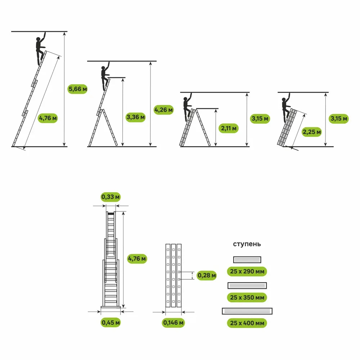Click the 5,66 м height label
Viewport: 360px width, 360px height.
[78, 89]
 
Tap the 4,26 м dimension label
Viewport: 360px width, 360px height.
[163, 110]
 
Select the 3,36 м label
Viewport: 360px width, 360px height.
[136, 117]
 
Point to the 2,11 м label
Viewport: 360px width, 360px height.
[229, 128]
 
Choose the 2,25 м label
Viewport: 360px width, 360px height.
[311, 132]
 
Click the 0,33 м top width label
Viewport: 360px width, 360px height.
[111, 197]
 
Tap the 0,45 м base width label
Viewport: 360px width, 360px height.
[111, 322]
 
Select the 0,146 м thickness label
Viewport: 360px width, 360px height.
[174, 323]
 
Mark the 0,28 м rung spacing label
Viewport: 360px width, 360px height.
[207, 275]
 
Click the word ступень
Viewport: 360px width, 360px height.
[247, 244]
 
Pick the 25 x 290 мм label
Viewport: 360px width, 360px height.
[247, 271]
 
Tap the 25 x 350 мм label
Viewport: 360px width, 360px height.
[247, 297]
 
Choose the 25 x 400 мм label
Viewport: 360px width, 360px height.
[247, 323]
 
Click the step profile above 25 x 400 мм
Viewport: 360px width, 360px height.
[247, 311]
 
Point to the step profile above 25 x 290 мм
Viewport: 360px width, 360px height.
[247, 260]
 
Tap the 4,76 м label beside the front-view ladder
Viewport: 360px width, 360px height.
[137, 259]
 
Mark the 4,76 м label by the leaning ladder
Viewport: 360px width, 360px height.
[48, 118]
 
